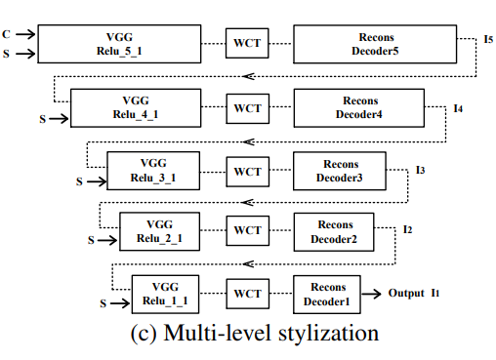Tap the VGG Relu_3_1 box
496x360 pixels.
155,172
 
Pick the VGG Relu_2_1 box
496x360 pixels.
161,230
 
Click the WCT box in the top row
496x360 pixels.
247,43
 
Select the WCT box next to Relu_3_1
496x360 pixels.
247,172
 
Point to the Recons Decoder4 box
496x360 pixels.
359,107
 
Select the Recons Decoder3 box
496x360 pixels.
338,172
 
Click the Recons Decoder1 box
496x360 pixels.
326,293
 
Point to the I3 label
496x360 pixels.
420,170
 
